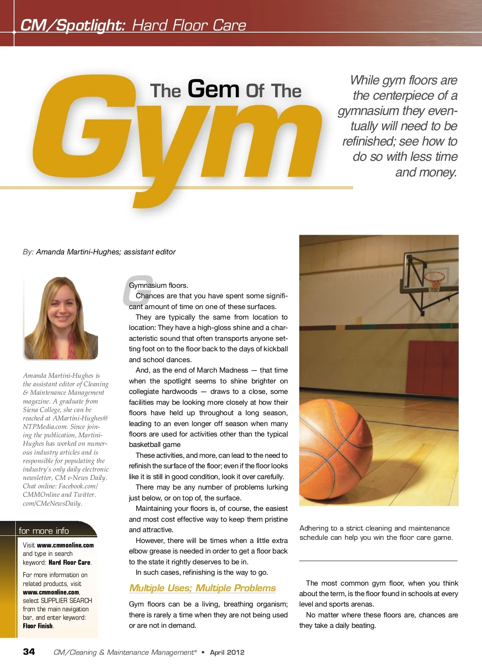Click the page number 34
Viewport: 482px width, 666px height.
click(29, 652)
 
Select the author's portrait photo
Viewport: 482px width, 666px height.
click(61, 318)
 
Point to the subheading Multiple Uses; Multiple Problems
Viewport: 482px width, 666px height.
click(202, 588)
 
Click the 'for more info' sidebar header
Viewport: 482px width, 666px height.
click(44, 531)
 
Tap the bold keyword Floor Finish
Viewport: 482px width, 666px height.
click(38, 626)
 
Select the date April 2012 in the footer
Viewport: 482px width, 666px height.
click(227, 652)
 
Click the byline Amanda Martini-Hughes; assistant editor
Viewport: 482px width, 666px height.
click(106, 252)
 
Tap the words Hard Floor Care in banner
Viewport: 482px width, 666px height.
click(189, 25)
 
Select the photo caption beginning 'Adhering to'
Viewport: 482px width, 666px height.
click(376, 533)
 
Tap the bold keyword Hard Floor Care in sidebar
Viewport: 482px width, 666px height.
click(69, 562)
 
